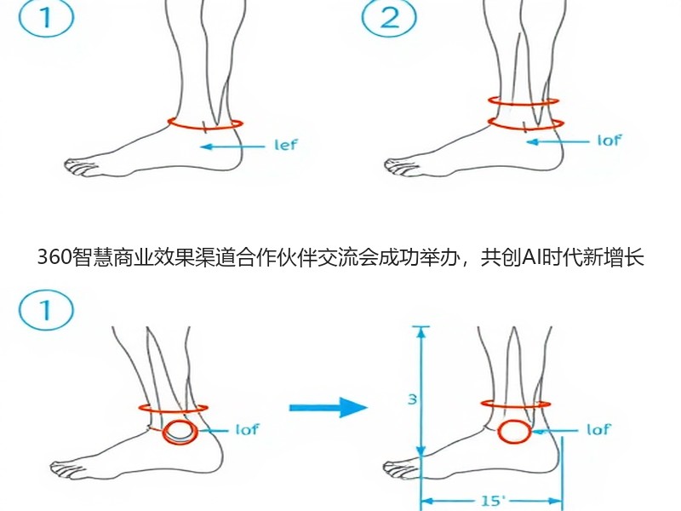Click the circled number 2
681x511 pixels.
(389, 18)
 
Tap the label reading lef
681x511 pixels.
(286, 144)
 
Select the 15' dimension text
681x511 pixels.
(493, 501)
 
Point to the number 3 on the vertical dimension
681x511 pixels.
(412, 399)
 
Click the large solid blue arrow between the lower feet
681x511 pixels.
(329, 407)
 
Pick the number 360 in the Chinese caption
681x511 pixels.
(54, 257)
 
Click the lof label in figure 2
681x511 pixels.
(609, 141)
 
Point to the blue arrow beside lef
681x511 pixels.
(232, 146)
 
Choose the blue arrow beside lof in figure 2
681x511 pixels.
(558, 142)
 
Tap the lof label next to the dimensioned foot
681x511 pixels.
(598, 430)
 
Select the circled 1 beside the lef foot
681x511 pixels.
(46, 18)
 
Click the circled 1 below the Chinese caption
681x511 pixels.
(46, 310)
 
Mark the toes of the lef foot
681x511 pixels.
(78, 167)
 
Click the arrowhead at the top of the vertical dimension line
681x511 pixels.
(421, 331)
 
